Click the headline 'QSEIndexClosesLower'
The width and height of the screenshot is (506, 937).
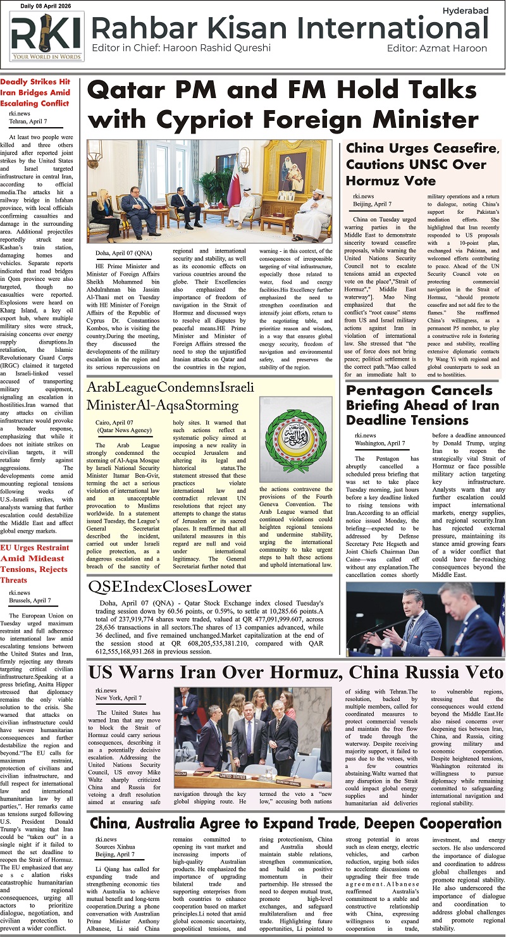(x=170, y=588)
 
